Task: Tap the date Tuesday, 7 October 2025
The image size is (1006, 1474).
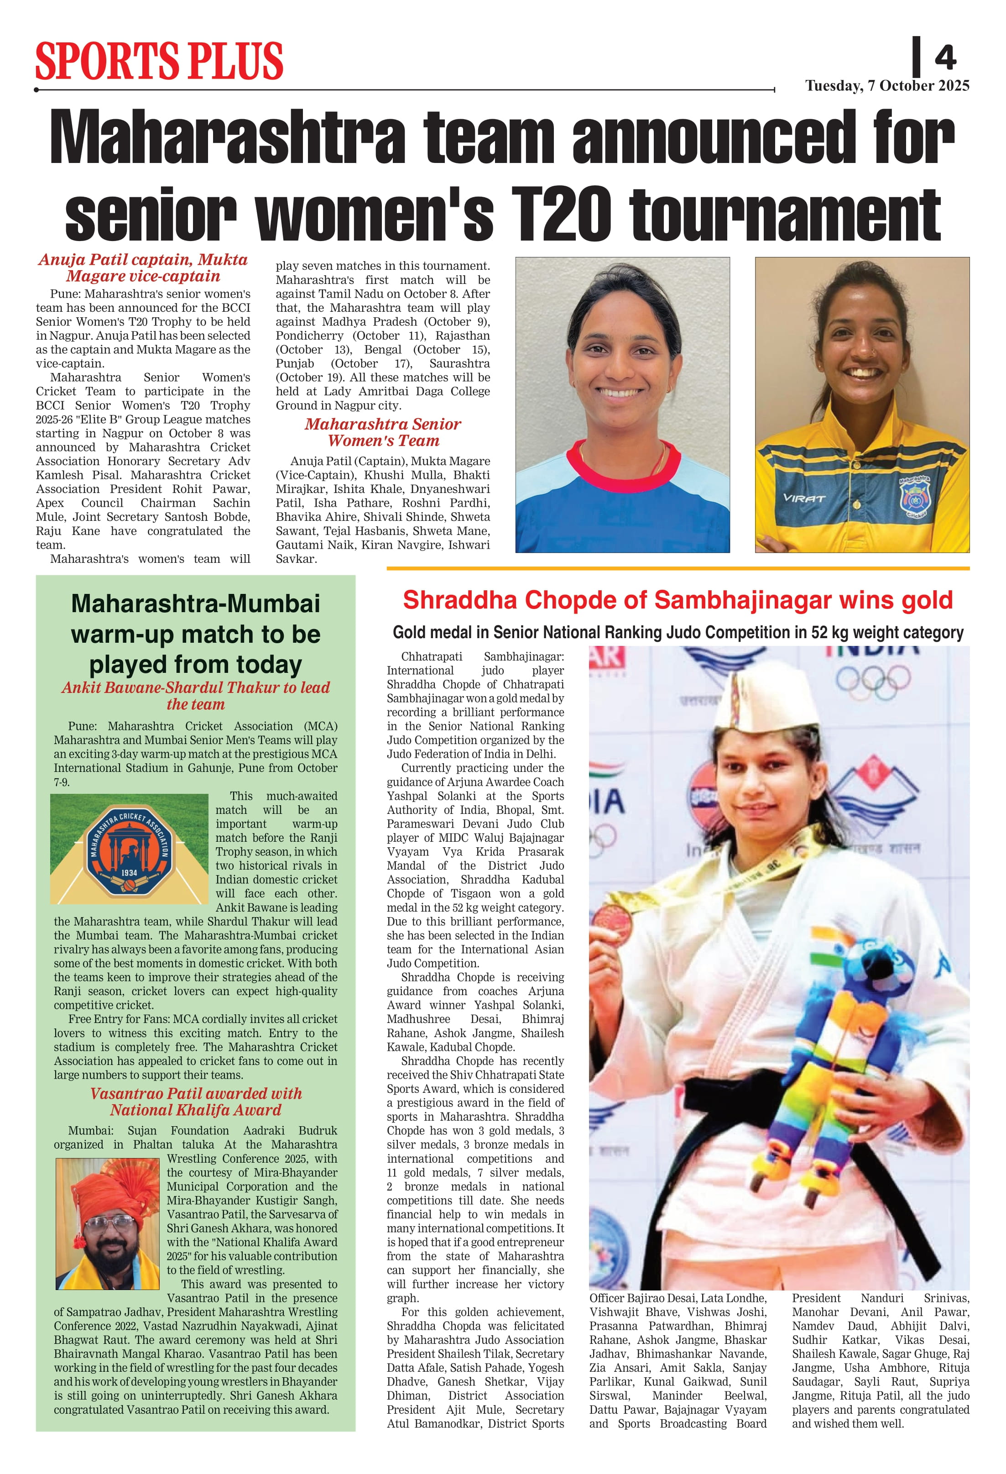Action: (887, 86)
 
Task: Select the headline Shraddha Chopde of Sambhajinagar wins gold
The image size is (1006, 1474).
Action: (677, 599)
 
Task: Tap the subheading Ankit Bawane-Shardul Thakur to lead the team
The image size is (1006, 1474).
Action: (196, 696)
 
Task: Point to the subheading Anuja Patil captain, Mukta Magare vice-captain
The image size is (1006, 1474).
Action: (143, 268)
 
